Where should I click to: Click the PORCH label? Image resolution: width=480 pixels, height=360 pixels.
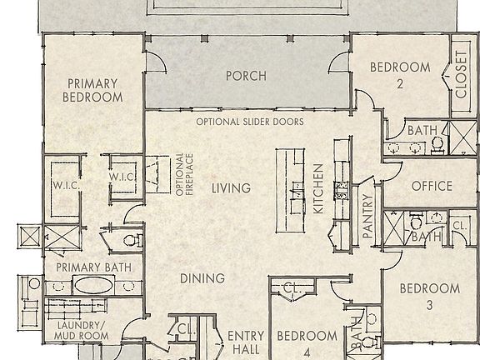[x=246, y=76]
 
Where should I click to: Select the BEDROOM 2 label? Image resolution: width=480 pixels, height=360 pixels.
[x=400, y=75]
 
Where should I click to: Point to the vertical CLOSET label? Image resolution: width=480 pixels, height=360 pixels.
[x=461, y=76]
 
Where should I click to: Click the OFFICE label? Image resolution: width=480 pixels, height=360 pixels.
[x=432, y=186]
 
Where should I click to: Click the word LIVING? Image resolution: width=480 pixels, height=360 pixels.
[x=231, y=188]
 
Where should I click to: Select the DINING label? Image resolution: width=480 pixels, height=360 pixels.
[x=202, y=278]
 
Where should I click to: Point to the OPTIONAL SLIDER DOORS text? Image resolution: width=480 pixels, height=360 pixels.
[x=249, y=122]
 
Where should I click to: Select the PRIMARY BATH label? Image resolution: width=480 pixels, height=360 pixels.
[x=90, y=267]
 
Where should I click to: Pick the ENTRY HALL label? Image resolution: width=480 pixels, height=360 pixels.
[x=246, y=342]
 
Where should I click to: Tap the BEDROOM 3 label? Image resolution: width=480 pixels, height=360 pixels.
[x=429, y=297]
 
